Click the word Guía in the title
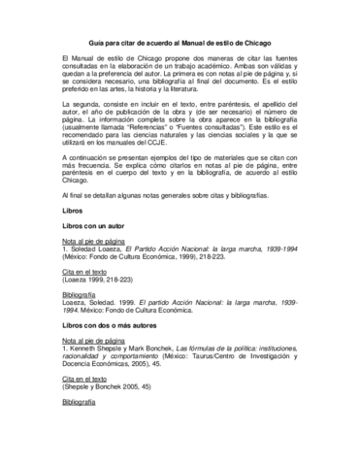pyautogui.click(x=98, y=42)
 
